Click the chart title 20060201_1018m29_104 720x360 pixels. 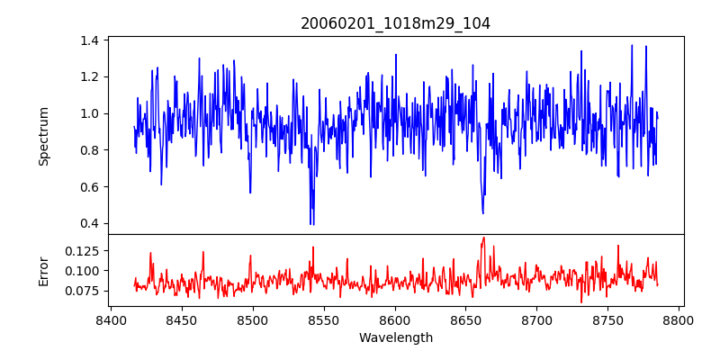[x=395, y=23]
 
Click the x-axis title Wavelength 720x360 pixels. [x=395, y=337]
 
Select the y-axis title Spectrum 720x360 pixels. [x=43, y=136]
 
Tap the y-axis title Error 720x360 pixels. [x=43, y=270]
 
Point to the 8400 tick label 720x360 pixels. [x=110, y=319]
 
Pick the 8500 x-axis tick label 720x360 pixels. [x=252, y=319]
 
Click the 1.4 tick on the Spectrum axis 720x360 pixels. [x=89, y=40]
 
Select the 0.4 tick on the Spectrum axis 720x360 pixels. [x=89, y=223]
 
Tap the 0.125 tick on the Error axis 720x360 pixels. [x=82, y=249]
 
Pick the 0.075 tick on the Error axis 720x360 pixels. [x=82, y=291]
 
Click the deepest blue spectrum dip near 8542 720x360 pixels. [x=311, y=224]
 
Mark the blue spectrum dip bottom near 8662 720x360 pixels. [x=483, y=213]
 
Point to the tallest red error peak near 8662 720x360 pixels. [x=483, y=238]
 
